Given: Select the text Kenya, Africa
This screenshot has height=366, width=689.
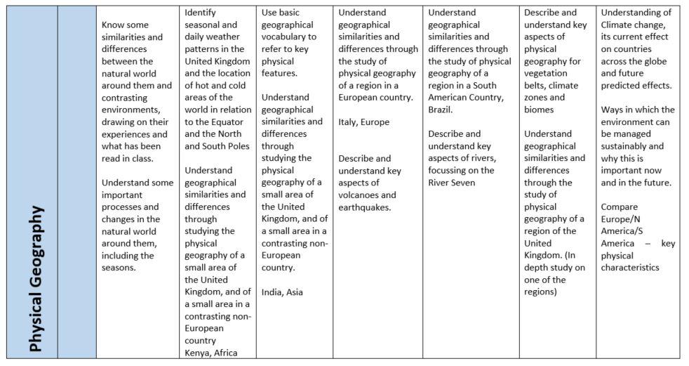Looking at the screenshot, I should (x=210, y=353).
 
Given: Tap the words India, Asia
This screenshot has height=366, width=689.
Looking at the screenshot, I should (x=282, y=292).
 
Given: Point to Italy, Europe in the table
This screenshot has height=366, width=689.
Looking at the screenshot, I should (x=363, y=122).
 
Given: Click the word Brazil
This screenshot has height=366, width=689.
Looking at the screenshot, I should (x=439, y=110).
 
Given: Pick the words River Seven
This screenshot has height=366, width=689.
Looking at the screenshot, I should (x=452, y=183).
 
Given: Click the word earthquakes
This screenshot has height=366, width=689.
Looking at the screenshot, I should (x=364, y=207).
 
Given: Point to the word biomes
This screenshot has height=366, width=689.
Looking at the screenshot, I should (x=539, y=110).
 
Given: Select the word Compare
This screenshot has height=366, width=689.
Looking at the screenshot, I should (x=619, y=207).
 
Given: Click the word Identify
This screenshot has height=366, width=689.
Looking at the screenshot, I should (x=200, y=13).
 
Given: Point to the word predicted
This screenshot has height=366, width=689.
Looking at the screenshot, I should (x=621, y=86).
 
